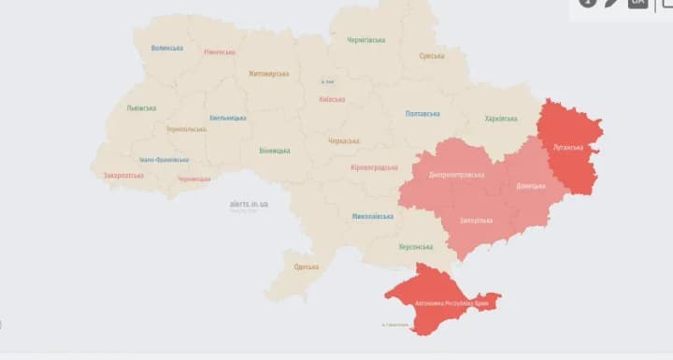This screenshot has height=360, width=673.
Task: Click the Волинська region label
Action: coord(167,48)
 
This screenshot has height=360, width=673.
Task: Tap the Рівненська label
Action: coord(220,52)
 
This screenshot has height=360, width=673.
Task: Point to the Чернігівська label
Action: coord(366,40)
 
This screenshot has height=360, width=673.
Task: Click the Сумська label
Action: coord(432,56)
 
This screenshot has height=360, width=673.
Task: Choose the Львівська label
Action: coord(141,108)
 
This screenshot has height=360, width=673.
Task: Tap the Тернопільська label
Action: coord(186,129)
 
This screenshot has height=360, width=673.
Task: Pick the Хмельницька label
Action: coord(228,118)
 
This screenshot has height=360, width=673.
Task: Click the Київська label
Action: coord(332,99)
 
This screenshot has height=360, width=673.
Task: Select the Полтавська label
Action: coord(422,113)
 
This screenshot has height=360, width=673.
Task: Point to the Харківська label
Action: coord(501,119)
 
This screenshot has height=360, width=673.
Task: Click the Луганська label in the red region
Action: coord(568,148)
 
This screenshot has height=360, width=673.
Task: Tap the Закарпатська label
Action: coord(123,175)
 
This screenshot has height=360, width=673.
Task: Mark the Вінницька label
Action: coord(275,151)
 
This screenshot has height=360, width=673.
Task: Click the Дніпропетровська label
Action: coord(457,175)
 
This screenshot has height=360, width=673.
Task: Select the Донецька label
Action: coord(531,186)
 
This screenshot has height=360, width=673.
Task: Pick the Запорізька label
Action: coord(477,221)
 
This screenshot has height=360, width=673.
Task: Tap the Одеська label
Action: coord(306,266)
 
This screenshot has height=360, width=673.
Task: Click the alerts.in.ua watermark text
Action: coord(249,203)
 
